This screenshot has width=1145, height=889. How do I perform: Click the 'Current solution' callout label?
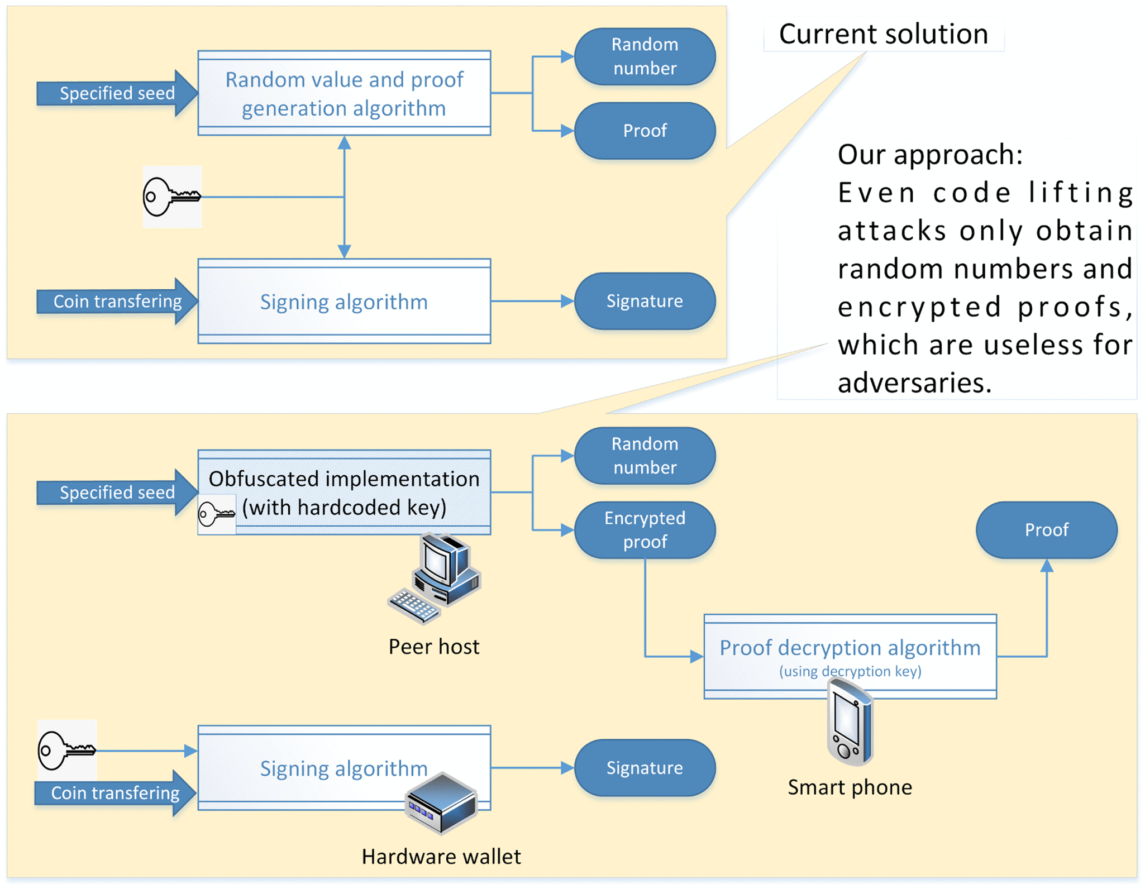(883, 34)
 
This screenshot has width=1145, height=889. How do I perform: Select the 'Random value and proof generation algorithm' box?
(344, 93)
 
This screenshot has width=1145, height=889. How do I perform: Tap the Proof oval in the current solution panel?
(645, 131)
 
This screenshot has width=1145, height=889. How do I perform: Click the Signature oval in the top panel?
(645, 301)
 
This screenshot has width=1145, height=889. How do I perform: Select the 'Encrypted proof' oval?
(645, 529)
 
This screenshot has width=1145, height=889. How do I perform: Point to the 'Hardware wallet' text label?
(441, 857)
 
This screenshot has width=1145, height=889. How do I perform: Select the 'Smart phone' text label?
(850, 787)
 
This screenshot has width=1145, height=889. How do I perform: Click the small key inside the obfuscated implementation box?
(216, 514)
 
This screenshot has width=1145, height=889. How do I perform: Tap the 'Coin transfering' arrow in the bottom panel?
(115, 793)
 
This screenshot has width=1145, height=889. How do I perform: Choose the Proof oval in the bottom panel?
(1046, 529)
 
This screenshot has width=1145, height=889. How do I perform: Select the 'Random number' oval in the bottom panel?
(645, 456)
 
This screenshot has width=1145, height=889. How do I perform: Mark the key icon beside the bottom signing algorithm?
(66, 750)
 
